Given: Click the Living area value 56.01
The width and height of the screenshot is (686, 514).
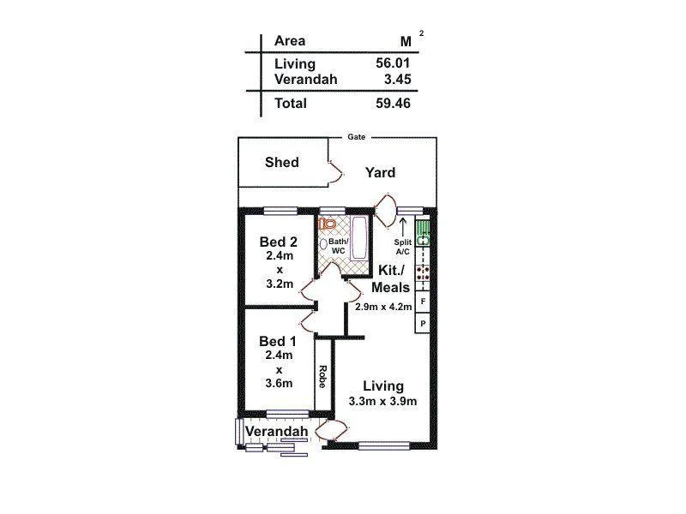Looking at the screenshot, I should click(393, 63).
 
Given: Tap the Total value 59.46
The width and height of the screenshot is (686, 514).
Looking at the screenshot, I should click(393, 104).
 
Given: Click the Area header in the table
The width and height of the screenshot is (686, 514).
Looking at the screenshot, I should click(290, 40).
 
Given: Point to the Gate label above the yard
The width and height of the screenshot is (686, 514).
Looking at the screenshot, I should click(356, 136).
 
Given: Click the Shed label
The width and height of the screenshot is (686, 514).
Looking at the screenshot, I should click(281, 162).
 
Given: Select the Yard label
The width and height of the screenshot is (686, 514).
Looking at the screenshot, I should click(380, 172).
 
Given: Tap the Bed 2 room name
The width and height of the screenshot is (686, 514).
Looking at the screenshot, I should click(279, 242).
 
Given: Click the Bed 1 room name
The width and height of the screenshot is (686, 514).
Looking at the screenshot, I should click(279, 341).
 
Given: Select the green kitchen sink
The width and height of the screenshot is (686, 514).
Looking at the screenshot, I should click(422, 232).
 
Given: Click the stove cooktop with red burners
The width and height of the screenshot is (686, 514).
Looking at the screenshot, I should click(422, 273).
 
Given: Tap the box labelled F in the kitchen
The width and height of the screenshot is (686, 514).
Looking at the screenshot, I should click(422, 302).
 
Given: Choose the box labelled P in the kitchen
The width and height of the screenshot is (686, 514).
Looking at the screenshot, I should click(422, 323).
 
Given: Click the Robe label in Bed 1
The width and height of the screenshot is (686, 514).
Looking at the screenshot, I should click(322, 376).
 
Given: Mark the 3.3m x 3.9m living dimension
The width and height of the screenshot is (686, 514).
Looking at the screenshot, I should click(382, 402).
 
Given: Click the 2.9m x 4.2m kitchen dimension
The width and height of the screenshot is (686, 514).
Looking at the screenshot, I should click(384, 306).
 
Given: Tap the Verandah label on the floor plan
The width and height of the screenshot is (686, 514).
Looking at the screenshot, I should click(276, 431).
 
